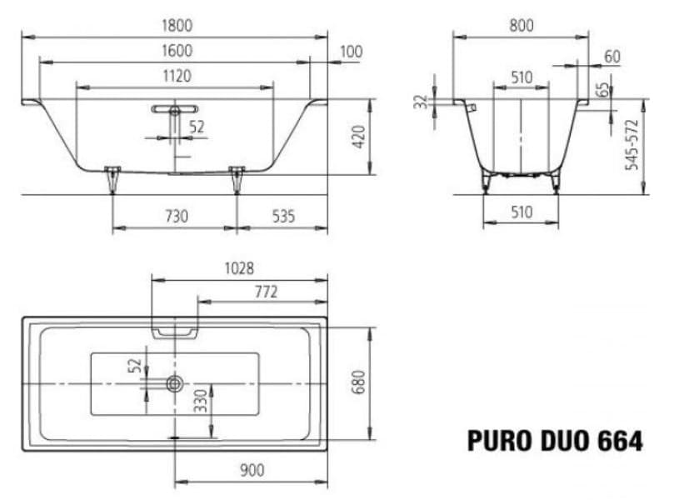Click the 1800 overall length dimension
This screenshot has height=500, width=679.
[176, 25]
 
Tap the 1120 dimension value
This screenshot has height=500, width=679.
[176, 76]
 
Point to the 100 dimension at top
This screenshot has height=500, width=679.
[351, 52]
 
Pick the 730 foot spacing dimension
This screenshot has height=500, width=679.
[176, 217]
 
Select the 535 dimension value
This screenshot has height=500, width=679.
[283, 217]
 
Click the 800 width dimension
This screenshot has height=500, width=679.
[521, 25]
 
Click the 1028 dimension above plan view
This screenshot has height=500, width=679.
[238, 268]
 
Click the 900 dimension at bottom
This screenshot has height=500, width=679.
[251, 470]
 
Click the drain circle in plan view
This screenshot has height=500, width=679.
[175, 383]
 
